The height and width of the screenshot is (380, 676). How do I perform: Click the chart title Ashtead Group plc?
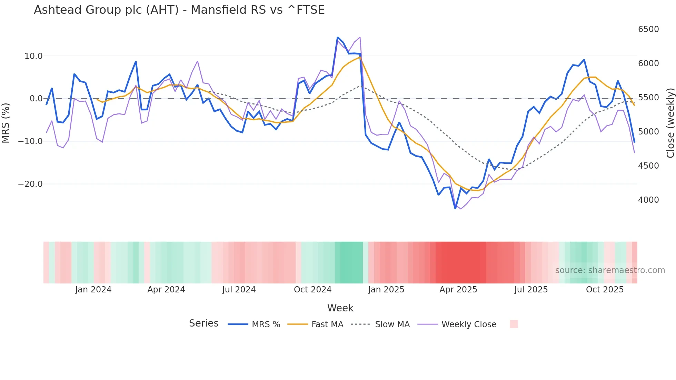point(179,10)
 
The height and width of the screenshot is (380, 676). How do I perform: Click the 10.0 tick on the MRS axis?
point(33,56)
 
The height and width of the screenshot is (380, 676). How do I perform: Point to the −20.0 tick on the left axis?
point(30,184)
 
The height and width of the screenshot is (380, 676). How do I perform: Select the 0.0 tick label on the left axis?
point(36,99)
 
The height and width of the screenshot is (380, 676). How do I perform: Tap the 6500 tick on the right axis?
point(648,29)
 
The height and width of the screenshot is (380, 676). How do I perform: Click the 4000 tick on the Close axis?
point(648,200)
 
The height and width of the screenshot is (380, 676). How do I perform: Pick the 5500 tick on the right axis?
point(648,98)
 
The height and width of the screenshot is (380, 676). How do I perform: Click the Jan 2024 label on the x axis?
point(93,290)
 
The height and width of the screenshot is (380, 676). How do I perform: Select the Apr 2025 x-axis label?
point(458,290)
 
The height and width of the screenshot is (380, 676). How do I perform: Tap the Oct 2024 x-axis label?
point(312,290)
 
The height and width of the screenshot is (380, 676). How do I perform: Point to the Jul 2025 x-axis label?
point(531,290)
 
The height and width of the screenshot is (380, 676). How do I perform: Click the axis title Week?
point(340,308)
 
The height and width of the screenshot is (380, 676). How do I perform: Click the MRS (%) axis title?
point(6,123)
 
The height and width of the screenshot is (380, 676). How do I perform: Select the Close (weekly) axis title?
point(670,123)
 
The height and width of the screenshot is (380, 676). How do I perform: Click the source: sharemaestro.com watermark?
point(610,270)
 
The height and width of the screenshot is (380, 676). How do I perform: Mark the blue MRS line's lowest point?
point(455,208)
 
